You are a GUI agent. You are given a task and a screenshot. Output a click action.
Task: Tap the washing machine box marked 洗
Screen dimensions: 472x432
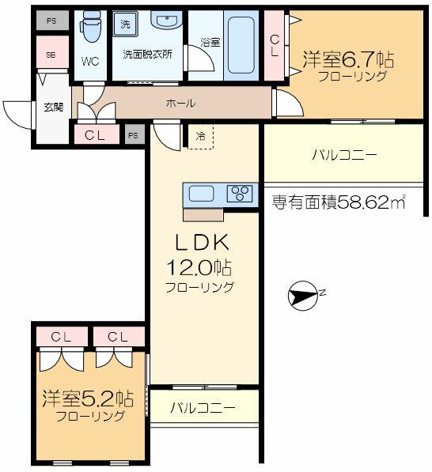pyautogui.click(x=125, y=24)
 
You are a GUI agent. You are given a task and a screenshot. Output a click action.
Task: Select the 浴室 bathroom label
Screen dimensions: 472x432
pyautogui.click(x=209, y=41)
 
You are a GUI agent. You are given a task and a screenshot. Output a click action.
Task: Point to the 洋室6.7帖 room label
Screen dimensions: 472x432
pyautogui.click(x=347, y=60)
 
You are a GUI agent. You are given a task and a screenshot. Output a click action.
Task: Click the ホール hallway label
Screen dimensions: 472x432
pyautogui.click(x=180, y=103)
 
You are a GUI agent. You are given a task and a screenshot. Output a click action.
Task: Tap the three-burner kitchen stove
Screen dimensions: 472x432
pyautogui.click(x=239, y=194)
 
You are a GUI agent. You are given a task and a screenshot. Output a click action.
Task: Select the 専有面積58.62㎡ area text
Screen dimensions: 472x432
pyautogui.click(x=338, y=203)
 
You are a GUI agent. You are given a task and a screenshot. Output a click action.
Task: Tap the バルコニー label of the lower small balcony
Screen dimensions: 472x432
pyautogui.click(x=203, y=408)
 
